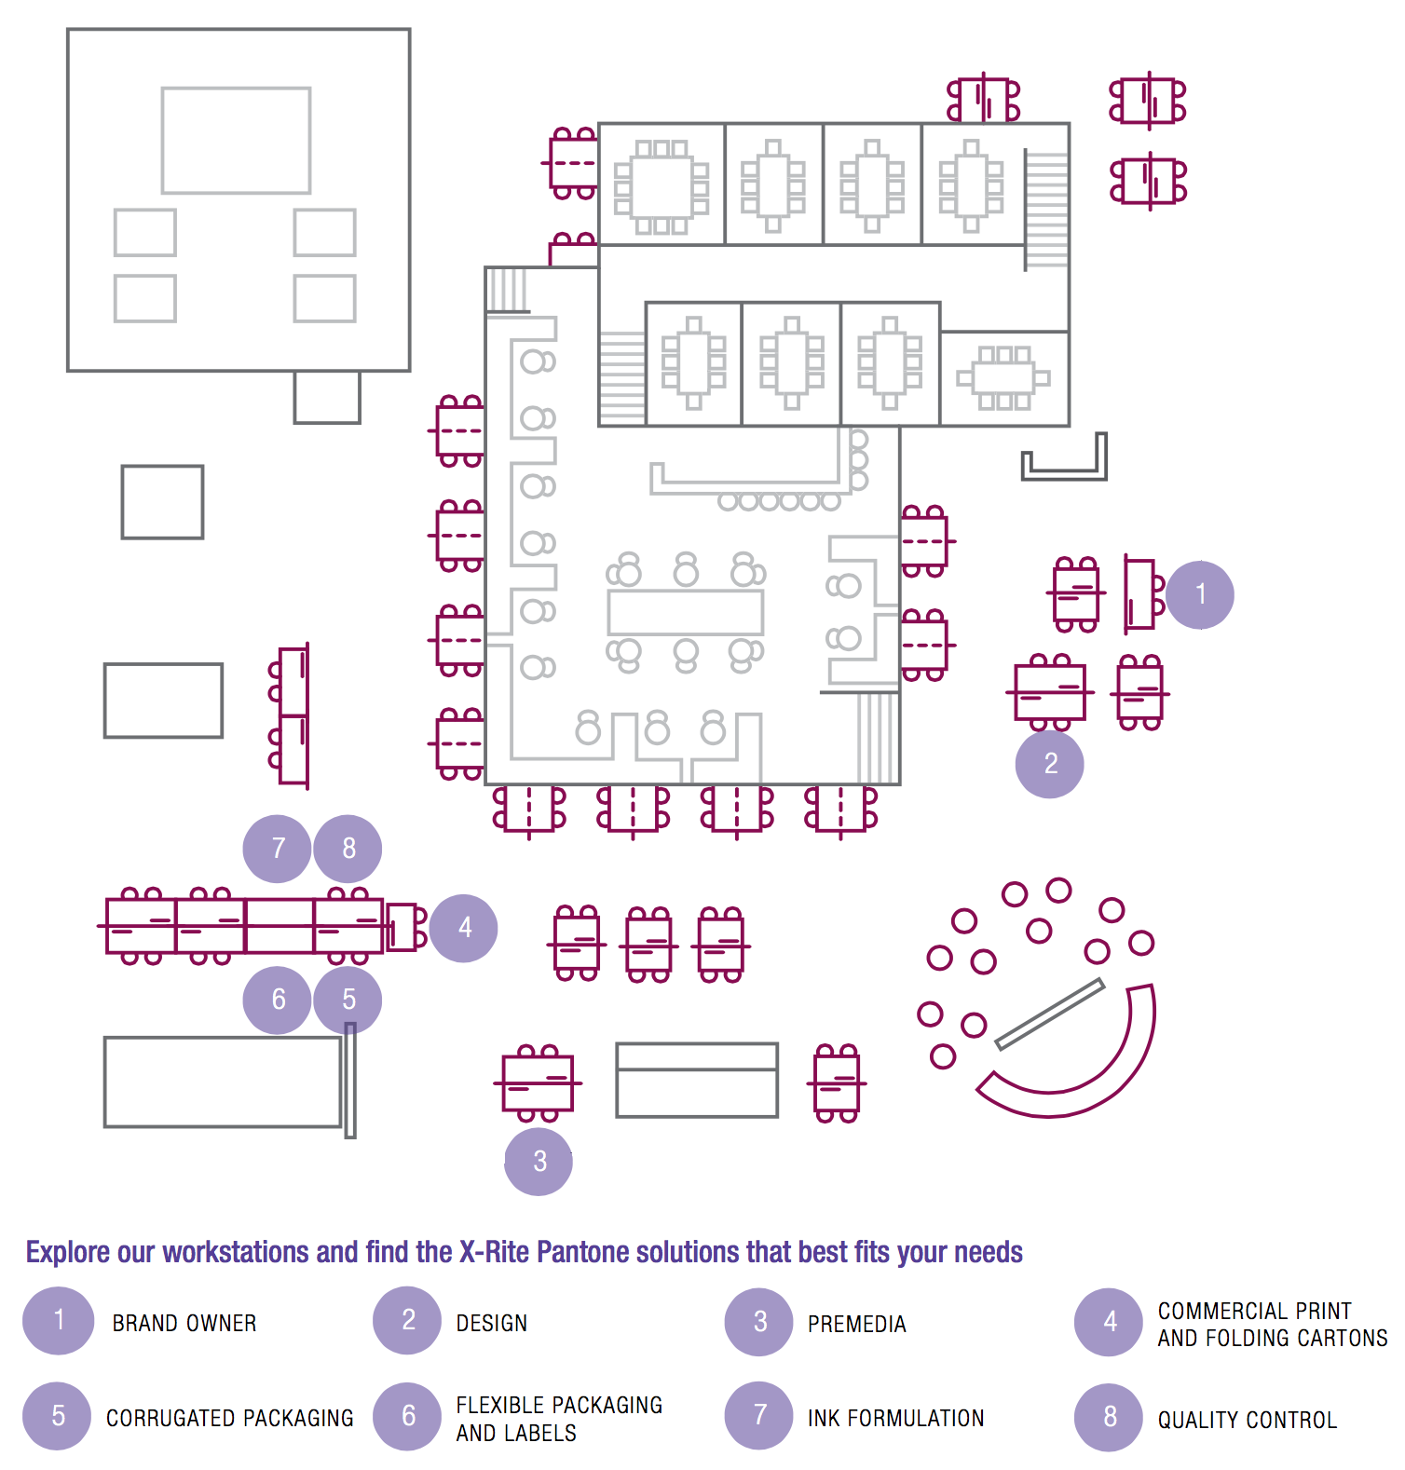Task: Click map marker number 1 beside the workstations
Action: point(1200,594)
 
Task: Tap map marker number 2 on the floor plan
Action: point(1050,764)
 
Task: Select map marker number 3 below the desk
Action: point(539,1161)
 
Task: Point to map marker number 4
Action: point(464,928)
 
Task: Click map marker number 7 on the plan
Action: point(277,849)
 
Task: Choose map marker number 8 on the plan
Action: point(348,849)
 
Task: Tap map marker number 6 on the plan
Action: point(277,1000)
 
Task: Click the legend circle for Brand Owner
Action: point(59,1321)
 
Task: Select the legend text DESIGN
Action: point(491,1323)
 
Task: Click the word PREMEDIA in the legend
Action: point(856,1324)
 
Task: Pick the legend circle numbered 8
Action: point(1109,1417)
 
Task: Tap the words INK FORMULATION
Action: point(895,1418)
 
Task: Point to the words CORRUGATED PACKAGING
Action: point(229,1418)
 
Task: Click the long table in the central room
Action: point(686,612)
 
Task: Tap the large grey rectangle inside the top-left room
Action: point(236,141)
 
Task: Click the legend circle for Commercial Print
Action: point(1109,1322)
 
